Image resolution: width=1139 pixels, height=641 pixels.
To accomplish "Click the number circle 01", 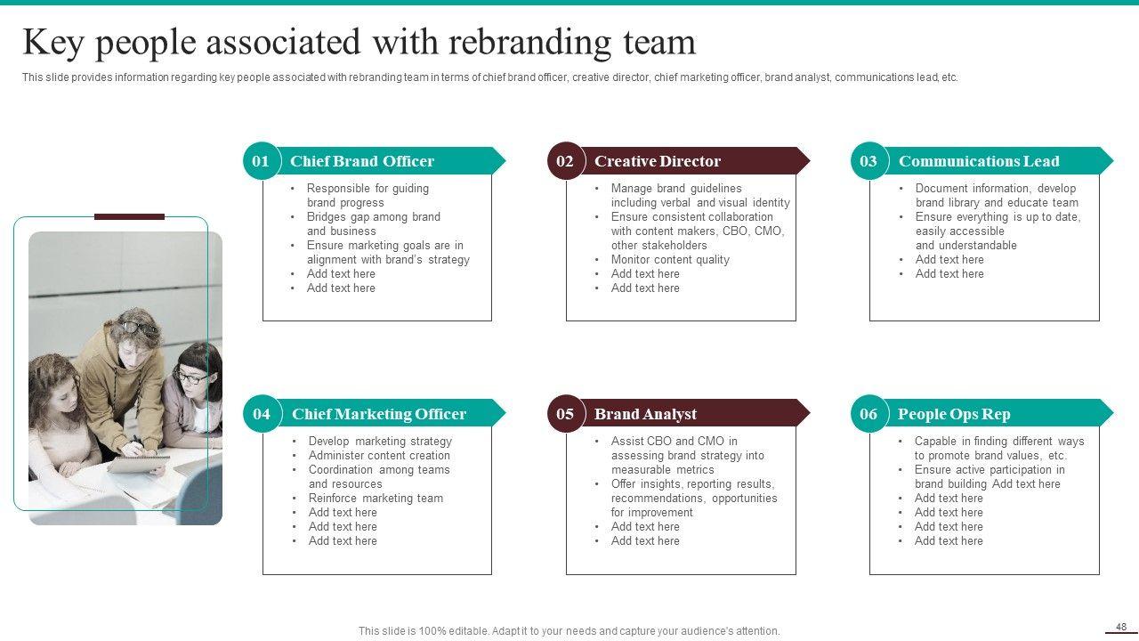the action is [261, 161].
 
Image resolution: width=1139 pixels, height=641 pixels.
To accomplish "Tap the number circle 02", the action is [565, 161].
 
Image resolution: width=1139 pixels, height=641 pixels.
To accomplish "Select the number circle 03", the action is [868, 161].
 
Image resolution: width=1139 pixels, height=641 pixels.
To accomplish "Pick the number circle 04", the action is [261, 414].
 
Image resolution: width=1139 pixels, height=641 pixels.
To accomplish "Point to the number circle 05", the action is [565, 414].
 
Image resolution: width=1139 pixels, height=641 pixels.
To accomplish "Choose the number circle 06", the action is [868, 414].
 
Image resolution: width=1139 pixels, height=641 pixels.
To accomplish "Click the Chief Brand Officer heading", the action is [362, 161].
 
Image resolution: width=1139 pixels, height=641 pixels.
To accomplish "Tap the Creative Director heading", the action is [658, 161].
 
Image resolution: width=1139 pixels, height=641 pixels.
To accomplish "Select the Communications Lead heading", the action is [979, 161].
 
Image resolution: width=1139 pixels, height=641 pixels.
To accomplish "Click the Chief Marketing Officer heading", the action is [379, 414].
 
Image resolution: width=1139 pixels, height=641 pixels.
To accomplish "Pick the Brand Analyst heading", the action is [645, 414].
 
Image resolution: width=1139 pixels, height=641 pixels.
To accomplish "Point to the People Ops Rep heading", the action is [954, 414].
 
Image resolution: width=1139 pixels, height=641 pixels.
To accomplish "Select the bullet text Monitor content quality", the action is [670, 260].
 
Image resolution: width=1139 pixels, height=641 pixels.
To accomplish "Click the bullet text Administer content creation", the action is [379, 456].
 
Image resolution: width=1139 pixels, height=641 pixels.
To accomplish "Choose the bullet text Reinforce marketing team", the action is [376, 499].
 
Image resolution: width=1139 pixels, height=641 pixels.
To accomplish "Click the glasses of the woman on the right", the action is [190, 377].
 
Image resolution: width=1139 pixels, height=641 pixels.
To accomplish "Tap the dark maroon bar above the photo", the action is [129, 216].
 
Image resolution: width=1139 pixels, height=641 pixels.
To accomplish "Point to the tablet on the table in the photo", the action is [137, 464].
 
